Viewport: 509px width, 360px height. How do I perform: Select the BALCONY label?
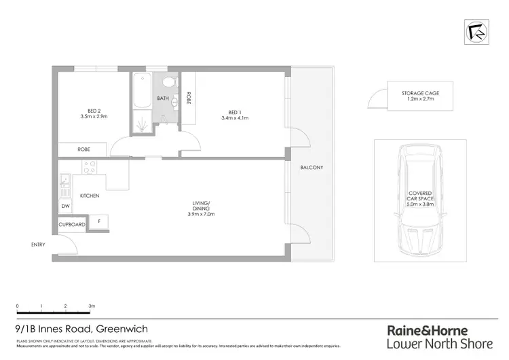313,168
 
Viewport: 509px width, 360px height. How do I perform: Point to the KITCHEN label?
90,196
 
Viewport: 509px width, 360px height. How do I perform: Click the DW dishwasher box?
66,206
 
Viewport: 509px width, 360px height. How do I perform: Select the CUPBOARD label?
72,224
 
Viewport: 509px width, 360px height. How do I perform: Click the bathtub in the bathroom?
143,89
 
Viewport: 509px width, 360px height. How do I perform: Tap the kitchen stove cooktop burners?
89,166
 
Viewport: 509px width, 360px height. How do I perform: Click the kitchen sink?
65,181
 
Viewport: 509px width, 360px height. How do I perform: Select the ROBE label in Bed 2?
82,149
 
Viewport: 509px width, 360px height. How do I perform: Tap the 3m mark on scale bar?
91,306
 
